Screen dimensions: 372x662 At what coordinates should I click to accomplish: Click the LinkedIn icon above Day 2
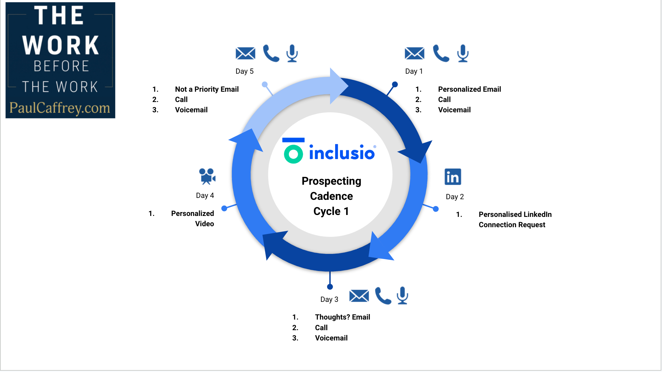(x=453, y=177)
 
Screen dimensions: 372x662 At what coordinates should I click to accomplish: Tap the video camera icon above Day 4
(x=207, y=176)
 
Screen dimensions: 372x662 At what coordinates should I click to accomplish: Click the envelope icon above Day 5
(x=245, y=53)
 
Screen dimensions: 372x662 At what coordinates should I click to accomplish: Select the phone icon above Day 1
(x=441, y=53)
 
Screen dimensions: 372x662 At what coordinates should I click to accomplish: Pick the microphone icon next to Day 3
(x=402, y=295)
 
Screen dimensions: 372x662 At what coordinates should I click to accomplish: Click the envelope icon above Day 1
(x=414, y=53)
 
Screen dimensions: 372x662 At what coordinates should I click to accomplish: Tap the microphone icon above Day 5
(x=292, y=53)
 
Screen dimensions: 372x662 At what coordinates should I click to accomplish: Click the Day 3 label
(x=329, y=299)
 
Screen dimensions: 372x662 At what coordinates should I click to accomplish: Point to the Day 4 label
(x=205, y=195)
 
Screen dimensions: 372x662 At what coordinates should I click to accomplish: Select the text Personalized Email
(x=469, y=89)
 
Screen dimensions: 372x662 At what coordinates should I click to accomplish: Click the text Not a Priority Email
(x=207, y=89)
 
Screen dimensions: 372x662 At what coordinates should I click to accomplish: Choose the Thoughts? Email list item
(x=342, y=317)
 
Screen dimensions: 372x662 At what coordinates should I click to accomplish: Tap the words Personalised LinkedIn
(x=515, y=214)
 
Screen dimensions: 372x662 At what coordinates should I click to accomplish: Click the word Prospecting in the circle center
(x=331, y=181)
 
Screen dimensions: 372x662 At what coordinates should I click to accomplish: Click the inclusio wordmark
(x=342, y=153)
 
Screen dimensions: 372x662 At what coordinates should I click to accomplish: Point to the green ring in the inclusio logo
(x=293, y=154)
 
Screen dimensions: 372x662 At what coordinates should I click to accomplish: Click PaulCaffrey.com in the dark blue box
(x=60, y=108)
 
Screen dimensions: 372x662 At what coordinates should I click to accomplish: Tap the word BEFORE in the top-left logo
(x=61, y=66)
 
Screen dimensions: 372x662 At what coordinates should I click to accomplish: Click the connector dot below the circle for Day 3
(x=330, y=287)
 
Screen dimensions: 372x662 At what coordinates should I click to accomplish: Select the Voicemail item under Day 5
(x=191, y=110)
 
